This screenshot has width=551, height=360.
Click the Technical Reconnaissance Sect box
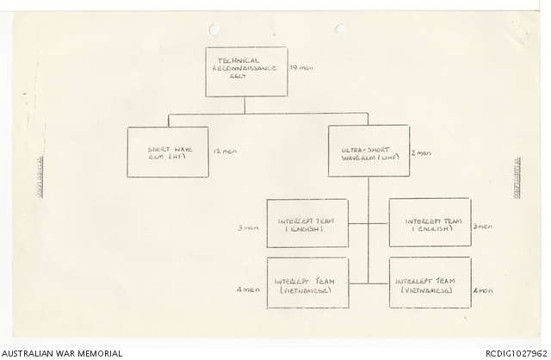point(246,71)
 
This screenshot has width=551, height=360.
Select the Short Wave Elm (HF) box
point(167,152)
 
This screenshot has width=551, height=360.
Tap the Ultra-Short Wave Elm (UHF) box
point(368,151)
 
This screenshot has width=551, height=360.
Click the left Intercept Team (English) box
point(307,224)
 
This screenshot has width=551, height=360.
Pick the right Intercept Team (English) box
point(430,223)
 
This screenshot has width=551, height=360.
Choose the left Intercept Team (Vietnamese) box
point(307,282)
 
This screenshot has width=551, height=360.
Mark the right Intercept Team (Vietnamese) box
point(430,282)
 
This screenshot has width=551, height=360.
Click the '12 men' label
point(224,152)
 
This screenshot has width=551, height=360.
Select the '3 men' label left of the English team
point(248,228)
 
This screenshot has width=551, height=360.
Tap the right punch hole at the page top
point(339,28)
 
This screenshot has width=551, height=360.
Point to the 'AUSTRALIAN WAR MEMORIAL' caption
point(62,352)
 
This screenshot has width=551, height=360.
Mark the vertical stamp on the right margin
point(518,177)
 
